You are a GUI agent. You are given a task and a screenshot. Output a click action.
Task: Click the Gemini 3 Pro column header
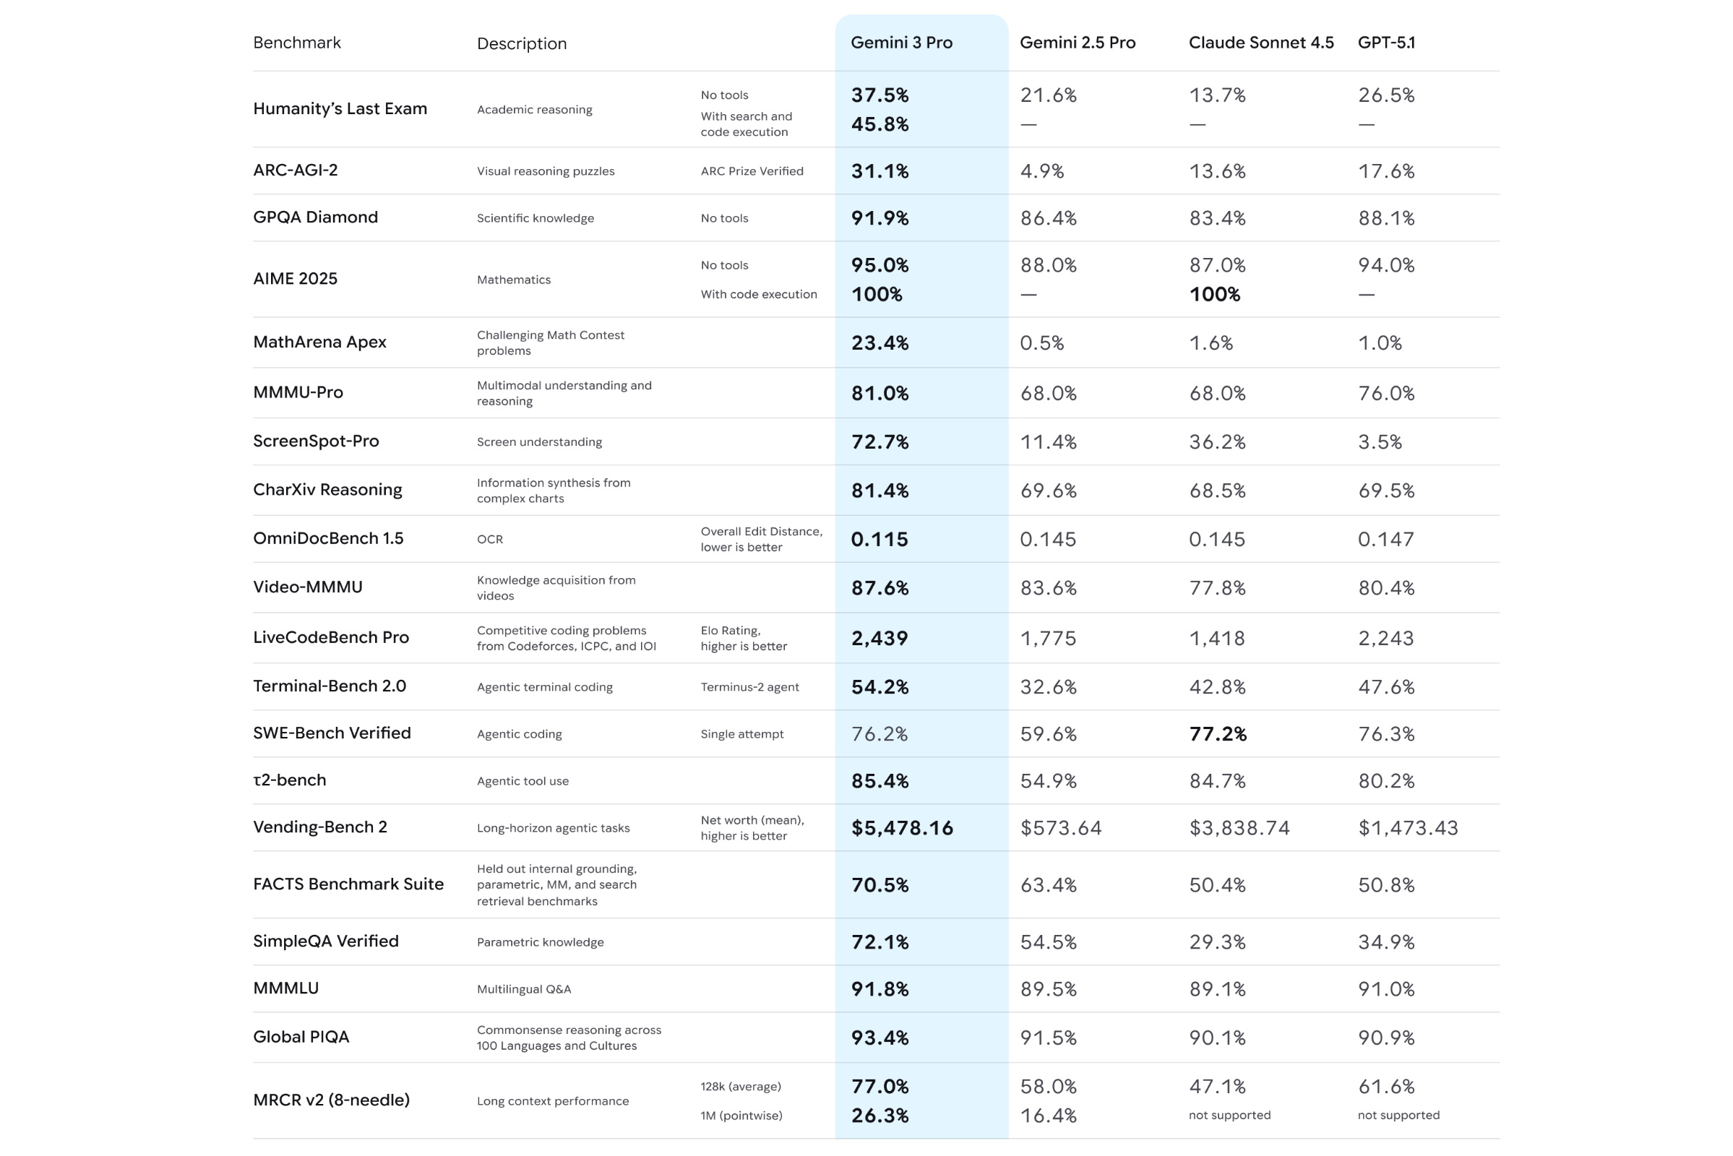coord(901,43)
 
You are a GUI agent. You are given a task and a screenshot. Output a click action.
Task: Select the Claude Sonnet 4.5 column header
coord(1260,43)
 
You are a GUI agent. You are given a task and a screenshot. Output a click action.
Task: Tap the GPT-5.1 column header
coord(1385,43)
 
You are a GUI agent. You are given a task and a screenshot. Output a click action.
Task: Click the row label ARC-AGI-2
coord(295,171)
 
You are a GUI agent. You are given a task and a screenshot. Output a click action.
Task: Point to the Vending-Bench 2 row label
coord(319,827)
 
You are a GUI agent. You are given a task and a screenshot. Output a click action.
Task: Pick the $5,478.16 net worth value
coord(901,828)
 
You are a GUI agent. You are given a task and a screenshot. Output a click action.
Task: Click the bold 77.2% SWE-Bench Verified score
coord(1218,734)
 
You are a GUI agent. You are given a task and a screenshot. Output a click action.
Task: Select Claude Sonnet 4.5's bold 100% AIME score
coord(1214,294)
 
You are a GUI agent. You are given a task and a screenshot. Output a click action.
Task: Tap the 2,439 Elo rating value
coord(879,639)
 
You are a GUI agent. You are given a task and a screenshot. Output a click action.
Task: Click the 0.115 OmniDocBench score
coord(879,540)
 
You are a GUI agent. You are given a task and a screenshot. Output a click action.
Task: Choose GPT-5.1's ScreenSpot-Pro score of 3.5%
coord(1379,442)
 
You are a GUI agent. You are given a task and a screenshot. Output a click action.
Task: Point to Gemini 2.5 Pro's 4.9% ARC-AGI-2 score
coord(1041,171)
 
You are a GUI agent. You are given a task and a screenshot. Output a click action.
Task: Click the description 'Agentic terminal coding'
coord(544,687)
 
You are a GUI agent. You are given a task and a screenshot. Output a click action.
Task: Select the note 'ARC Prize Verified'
coord(752,171)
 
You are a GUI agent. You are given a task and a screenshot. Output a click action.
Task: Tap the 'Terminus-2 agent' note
coord(749,687)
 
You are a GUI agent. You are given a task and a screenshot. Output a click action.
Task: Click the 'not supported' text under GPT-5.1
coord(1398,1116)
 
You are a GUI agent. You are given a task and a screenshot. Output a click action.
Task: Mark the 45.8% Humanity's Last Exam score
coord(879,124)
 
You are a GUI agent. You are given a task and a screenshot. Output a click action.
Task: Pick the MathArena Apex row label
coord(319,342)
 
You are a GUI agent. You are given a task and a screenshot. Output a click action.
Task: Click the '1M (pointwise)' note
coord(741,1116)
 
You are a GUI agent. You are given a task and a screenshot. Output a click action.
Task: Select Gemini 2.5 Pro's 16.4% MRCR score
coord(1048,1116)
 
